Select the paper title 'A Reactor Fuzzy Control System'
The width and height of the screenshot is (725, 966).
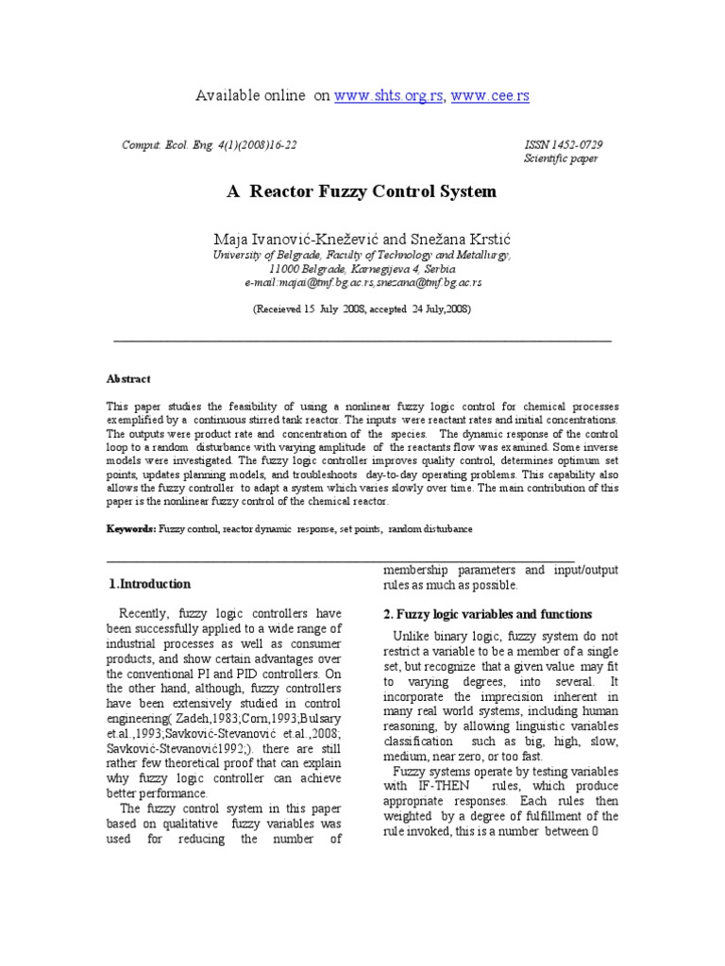click(362, 192)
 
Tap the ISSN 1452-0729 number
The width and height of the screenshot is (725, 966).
click(564, 144)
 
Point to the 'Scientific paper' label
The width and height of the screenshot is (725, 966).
click(560, 158)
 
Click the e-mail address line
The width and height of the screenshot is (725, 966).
click(362, 282)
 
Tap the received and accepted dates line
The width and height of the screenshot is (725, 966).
click(362, 308)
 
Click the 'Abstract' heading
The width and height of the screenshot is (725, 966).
click(128, 378)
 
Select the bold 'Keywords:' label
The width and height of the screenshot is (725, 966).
click(131, 529)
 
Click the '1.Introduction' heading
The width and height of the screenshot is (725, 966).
click(150, 584)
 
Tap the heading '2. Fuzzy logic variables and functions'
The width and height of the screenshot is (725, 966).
click(488, 614)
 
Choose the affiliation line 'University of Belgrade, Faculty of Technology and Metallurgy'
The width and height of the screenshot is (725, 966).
click(362, 256)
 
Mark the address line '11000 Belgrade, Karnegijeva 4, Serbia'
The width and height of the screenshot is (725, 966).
click(362, 269)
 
